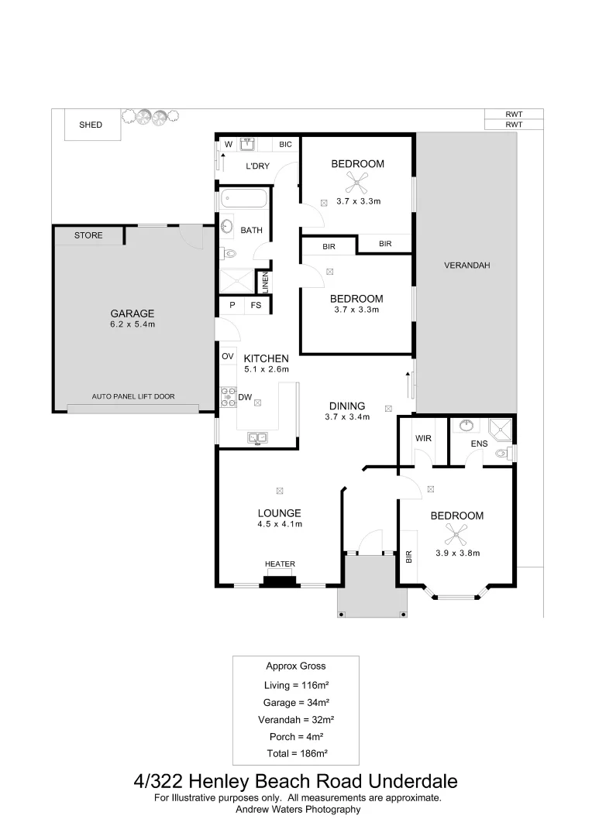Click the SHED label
[91, 125]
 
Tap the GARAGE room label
[133, 313]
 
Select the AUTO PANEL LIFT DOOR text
[133, 396]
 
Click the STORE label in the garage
[88, 235]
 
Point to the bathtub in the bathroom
[244, 199]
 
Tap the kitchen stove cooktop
[229, 397]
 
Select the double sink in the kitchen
[257, 438]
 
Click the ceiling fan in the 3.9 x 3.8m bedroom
[456, 533]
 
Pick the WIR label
[423, 438]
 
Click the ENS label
[480, 444]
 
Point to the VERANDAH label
[467, 266]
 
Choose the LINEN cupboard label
[265, 283]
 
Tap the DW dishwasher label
[244, 397]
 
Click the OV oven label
[228, 356]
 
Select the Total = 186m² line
[296, 753]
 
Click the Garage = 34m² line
[296, 703]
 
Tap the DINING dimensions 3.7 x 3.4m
[346, 416]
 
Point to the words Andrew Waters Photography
[298, 809]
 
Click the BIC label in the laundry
[285, 144]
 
